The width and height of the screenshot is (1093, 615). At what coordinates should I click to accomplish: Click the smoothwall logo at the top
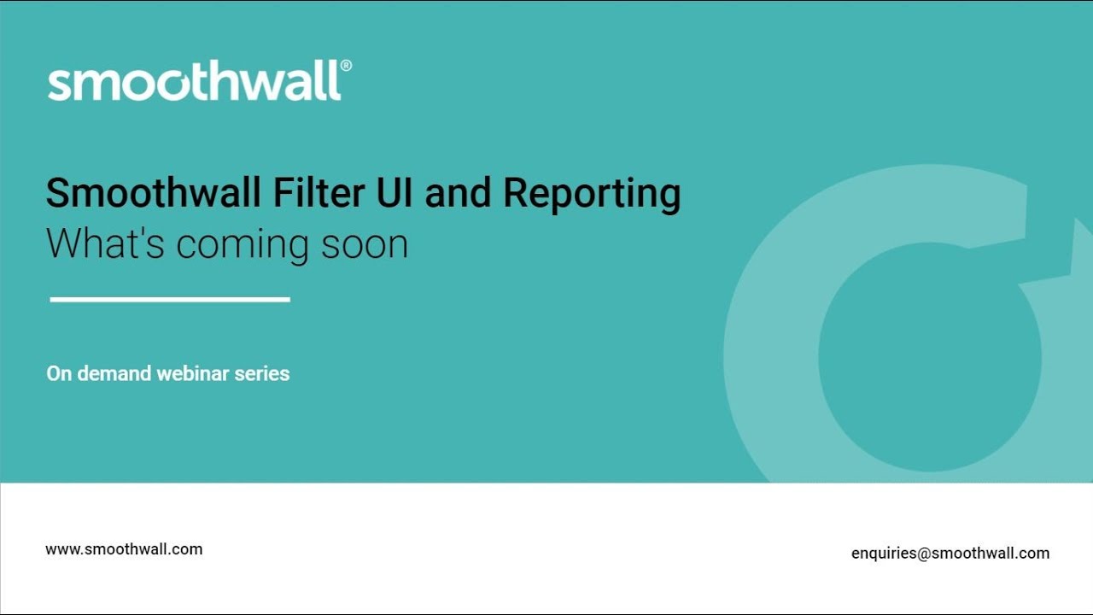[195, 82]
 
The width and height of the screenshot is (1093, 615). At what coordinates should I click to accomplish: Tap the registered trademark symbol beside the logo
[346, 66]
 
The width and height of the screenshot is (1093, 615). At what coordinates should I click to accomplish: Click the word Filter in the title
[319, 193]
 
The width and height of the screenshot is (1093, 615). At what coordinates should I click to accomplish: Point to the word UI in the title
[395, 193]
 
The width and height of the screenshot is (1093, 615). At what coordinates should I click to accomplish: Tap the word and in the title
[458, 193]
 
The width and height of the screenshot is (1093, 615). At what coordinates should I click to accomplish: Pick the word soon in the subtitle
[365, 244]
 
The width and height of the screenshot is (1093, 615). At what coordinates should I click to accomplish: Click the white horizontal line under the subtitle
[170, 299]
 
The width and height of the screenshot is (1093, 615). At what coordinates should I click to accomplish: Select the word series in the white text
[261, 373]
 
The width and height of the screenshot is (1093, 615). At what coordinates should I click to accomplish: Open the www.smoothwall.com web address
[124, 549]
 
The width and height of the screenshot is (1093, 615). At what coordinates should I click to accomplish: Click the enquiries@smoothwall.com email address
[950, 553]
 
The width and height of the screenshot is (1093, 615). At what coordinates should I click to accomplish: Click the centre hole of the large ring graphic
[929, 357]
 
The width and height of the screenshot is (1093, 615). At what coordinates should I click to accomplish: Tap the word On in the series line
[59, 373]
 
